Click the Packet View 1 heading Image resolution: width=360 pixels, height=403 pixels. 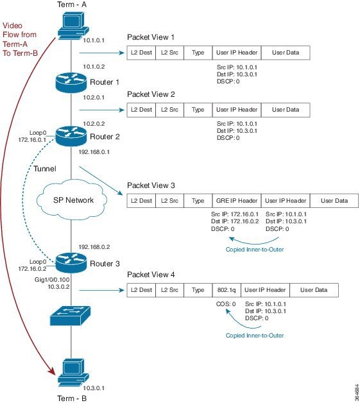click(x=150, y=37)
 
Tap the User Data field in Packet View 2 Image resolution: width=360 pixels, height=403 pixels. click(x=285, y=110)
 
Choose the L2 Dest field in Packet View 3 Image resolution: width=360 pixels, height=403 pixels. click(x=141, y=201)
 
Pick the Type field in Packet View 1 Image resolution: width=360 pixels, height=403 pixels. click(x=198, y=53)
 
